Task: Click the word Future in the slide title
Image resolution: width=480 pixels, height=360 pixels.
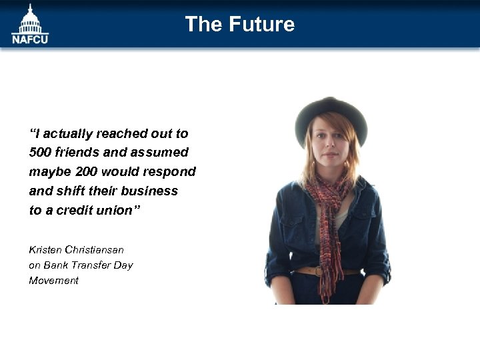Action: (261, 25)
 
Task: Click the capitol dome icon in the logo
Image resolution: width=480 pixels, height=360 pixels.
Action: (30, 19)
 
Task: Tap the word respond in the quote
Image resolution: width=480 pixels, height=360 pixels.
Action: (172, 172)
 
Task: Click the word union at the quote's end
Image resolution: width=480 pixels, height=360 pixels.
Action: (113, 210)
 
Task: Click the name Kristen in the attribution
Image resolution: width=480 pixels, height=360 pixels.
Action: (45, 250)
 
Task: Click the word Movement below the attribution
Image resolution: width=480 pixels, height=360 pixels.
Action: (53, 281)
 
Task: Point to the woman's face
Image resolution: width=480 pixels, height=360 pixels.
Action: (331, 147)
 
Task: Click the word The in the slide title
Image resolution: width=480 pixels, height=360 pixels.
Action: (203, 25)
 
